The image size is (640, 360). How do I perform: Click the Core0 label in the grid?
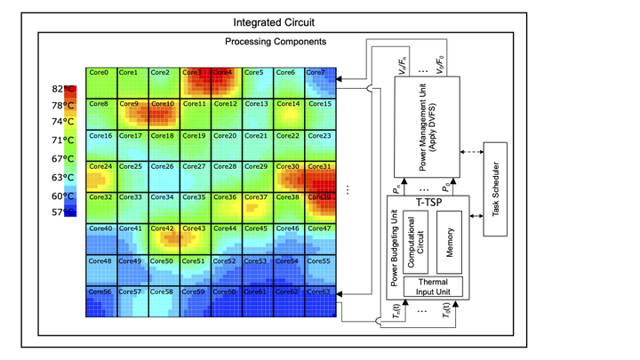(x=98, y=73)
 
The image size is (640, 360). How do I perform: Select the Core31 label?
(x=319, y=166)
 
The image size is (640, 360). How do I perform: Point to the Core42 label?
(x=163, y=228)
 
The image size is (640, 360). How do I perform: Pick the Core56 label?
(x=100, y=292)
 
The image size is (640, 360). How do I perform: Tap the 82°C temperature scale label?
(x=63, y=89)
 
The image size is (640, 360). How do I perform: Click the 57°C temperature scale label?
(x=63, y=212)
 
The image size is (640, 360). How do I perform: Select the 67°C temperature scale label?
(x=63, y=159)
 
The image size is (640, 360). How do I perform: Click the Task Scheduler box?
(x=495, y=189)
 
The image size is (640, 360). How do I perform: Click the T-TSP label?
(x=430, y=201)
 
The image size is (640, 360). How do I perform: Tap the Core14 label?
(x=287, y=104)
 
